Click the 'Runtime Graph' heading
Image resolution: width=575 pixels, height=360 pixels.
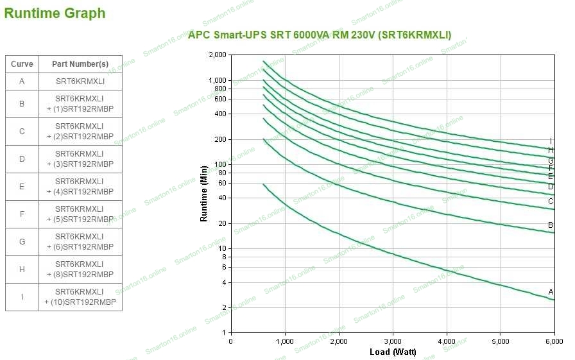pos(55,13)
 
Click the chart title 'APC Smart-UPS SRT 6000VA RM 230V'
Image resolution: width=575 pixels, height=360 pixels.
pos(320,35)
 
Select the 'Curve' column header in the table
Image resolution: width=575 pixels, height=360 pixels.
pos(22,64)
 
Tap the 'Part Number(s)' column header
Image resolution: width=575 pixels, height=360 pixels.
pos(80,64)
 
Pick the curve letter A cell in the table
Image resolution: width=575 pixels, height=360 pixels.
pos(22,81)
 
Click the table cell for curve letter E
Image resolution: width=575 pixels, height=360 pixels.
pos(22,187)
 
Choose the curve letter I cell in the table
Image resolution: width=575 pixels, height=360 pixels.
pos(22,297)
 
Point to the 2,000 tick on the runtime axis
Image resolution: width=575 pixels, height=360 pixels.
pos(218,55)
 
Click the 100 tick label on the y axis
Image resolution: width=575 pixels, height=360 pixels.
pos(221,164)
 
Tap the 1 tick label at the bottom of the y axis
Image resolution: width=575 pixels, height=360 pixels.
pos(224,332)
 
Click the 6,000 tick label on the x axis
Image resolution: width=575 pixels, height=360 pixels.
pos(554,341)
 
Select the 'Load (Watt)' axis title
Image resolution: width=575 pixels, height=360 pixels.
pos(393,352)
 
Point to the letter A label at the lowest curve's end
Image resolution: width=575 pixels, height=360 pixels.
pos(551,292)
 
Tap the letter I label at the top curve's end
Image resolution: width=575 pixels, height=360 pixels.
pos(551,141)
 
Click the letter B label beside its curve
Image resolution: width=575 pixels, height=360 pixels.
pos(551,225)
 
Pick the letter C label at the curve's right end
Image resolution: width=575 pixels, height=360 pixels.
pos(551,201)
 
